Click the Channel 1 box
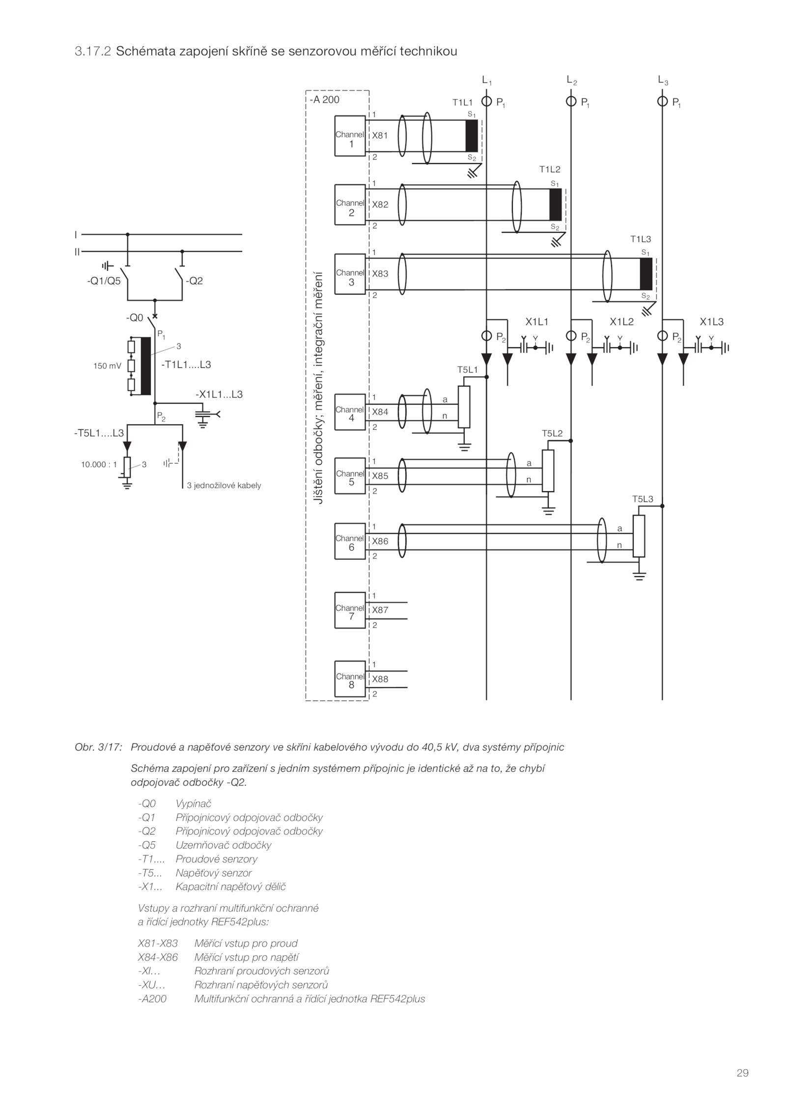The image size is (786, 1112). [x=350, y=136]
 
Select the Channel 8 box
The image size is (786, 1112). [x=350, y=678]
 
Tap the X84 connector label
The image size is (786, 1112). [x=380, y=412]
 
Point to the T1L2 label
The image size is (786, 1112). [x=550, y=169]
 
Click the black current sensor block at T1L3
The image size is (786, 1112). [x=646, y=274]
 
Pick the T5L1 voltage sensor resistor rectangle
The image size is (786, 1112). [x=464, y=407]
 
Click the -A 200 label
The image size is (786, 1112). [x=325, y=99]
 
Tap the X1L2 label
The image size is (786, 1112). [x=621, y=322]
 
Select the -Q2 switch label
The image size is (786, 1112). [x=194, y=281]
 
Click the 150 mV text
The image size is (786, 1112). [x=107, y=365]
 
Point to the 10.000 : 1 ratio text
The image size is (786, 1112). [x=99, y=464]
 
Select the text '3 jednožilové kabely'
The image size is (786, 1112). [x=224, y=485]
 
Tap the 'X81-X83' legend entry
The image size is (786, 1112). [x=158, y=943]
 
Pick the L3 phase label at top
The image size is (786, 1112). [x=663, y=80]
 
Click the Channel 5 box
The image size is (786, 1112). [x=350, y=475]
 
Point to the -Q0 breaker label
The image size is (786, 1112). [x=134, y=318]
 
